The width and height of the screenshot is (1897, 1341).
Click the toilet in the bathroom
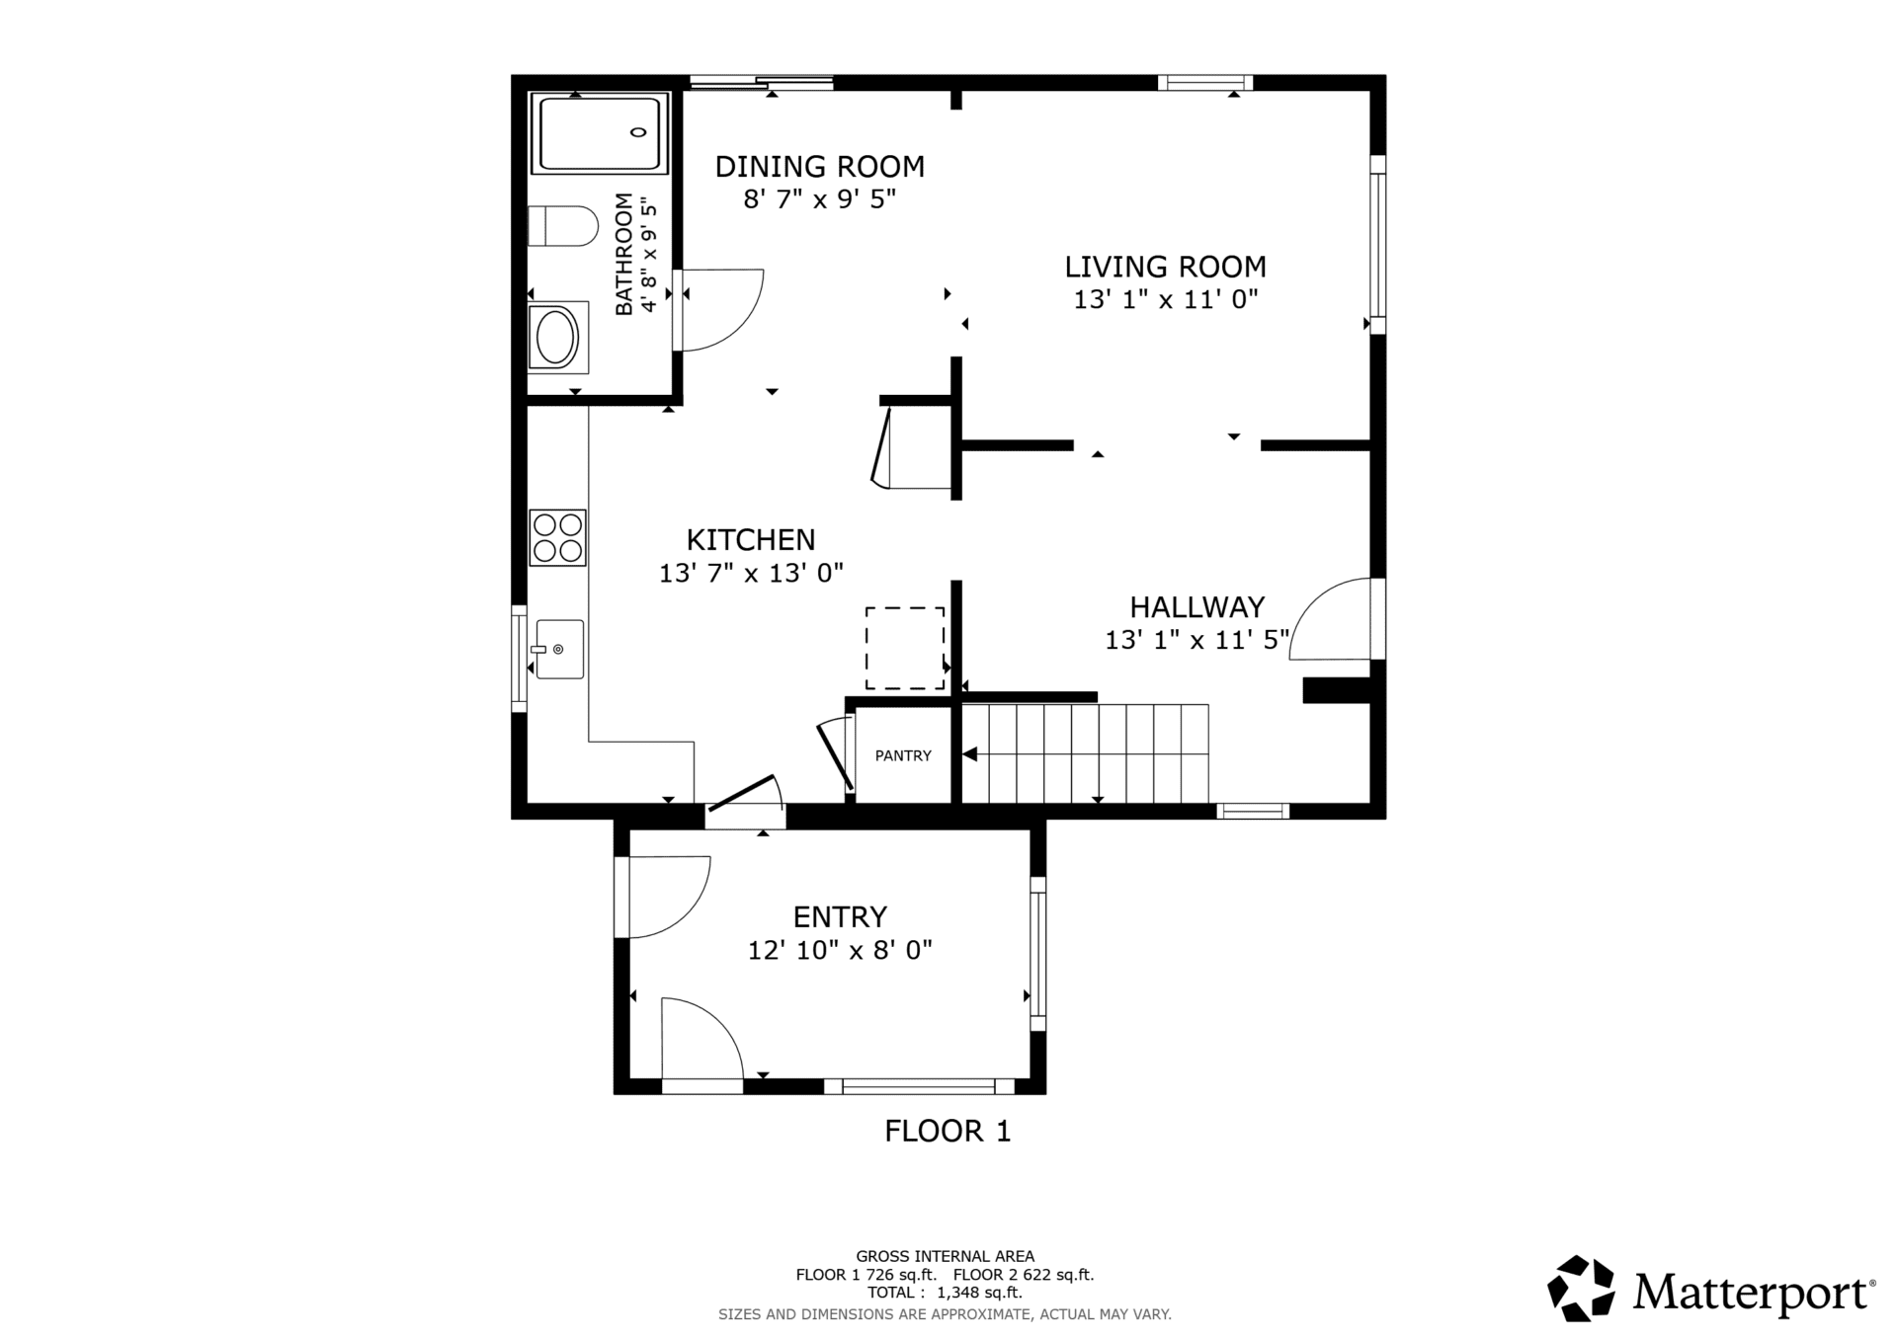[563, 226]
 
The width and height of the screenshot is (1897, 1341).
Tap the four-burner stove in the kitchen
[557, 537]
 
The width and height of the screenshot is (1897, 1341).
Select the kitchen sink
[559, 649]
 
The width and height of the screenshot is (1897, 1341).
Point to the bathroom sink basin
[556, 338]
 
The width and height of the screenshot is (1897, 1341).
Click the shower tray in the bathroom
[600, 133]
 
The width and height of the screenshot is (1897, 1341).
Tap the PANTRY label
[903, 755]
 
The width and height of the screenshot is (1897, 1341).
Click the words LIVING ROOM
[1165, 267]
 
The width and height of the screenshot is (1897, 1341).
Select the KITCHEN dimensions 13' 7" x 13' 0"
[751, 573]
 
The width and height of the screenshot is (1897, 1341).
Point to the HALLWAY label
[1197, 606]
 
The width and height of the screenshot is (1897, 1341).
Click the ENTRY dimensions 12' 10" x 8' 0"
[840, 950]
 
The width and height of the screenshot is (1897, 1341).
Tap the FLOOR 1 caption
[948, 1131]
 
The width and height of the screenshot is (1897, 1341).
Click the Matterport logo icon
[1581, 1288]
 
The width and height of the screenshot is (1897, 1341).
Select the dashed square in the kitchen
[905, 648]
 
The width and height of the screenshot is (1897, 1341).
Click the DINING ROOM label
[820, 167]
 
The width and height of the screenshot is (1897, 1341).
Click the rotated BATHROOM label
[623, 254]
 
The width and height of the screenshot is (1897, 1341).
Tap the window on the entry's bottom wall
[919, 1086]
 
